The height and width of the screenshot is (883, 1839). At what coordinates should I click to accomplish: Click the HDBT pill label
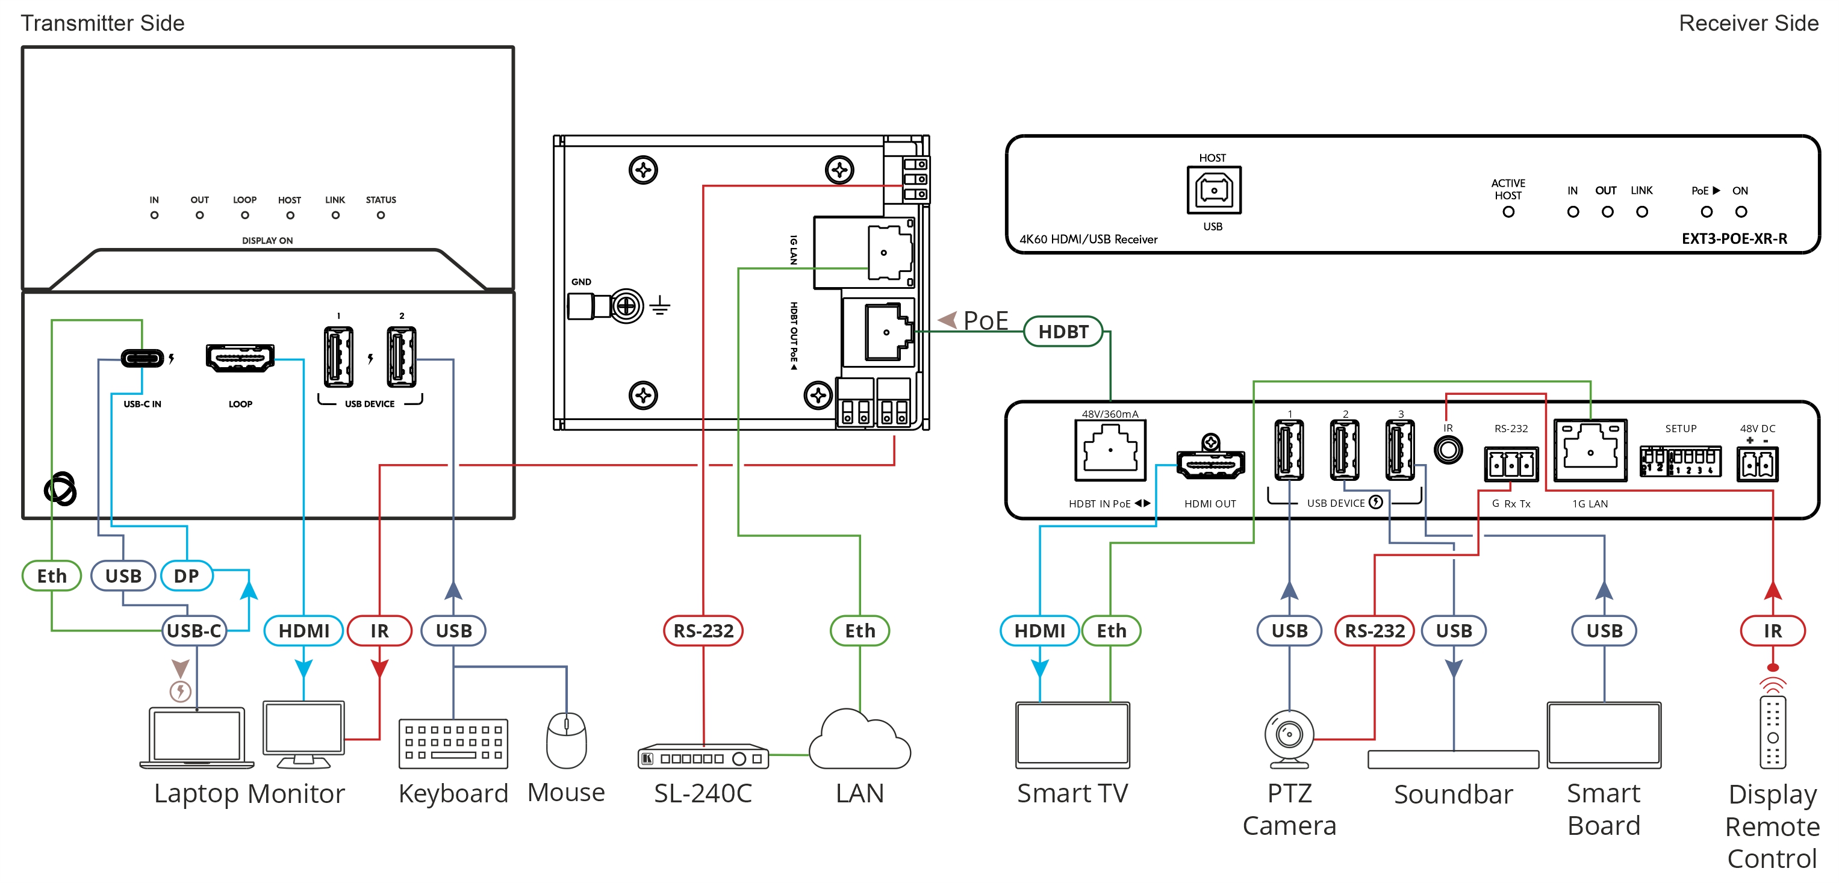pos(1063,332)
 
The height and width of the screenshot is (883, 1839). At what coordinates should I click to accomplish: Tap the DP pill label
pos(186,576)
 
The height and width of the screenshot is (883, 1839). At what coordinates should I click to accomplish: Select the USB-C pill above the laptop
pos(194,631)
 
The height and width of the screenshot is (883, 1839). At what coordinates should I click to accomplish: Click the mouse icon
pos(566,740)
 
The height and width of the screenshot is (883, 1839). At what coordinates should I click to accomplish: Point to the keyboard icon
pos(453,744)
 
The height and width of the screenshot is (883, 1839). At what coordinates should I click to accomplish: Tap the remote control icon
pos(1773,732)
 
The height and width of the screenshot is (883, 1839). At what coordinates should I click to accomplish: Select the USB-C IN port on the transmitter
pos(142,358)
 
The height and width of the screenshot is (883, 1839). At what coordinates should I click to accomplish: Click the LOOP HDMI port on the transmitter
pos(240,358)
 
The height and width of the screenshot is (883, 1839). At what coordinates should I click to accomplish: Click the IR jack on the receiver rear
pos(1448,450)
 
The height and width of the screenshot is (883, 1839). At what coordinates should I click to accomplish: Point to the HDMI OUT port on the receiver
pos(1210,464)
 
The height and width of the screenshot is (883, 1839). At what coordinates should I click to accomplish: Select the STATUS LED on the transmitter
pos(381,215)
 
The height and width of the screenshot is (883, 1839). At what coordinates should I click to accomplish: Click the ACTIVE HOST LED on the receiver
pos(1508,212)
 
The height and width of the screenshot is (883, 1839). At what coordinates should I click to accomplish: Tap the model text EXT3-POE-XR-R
pos(1734,238)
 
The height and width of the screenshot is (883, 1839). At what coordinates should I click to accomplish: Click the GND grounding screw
pos(626,307)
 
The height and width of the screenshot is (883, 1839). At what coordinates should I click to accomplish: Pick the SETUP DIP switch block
pos(1681,461)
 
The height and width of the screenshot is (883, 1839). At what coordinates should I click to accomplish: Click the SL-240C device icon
pos(703,757)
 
